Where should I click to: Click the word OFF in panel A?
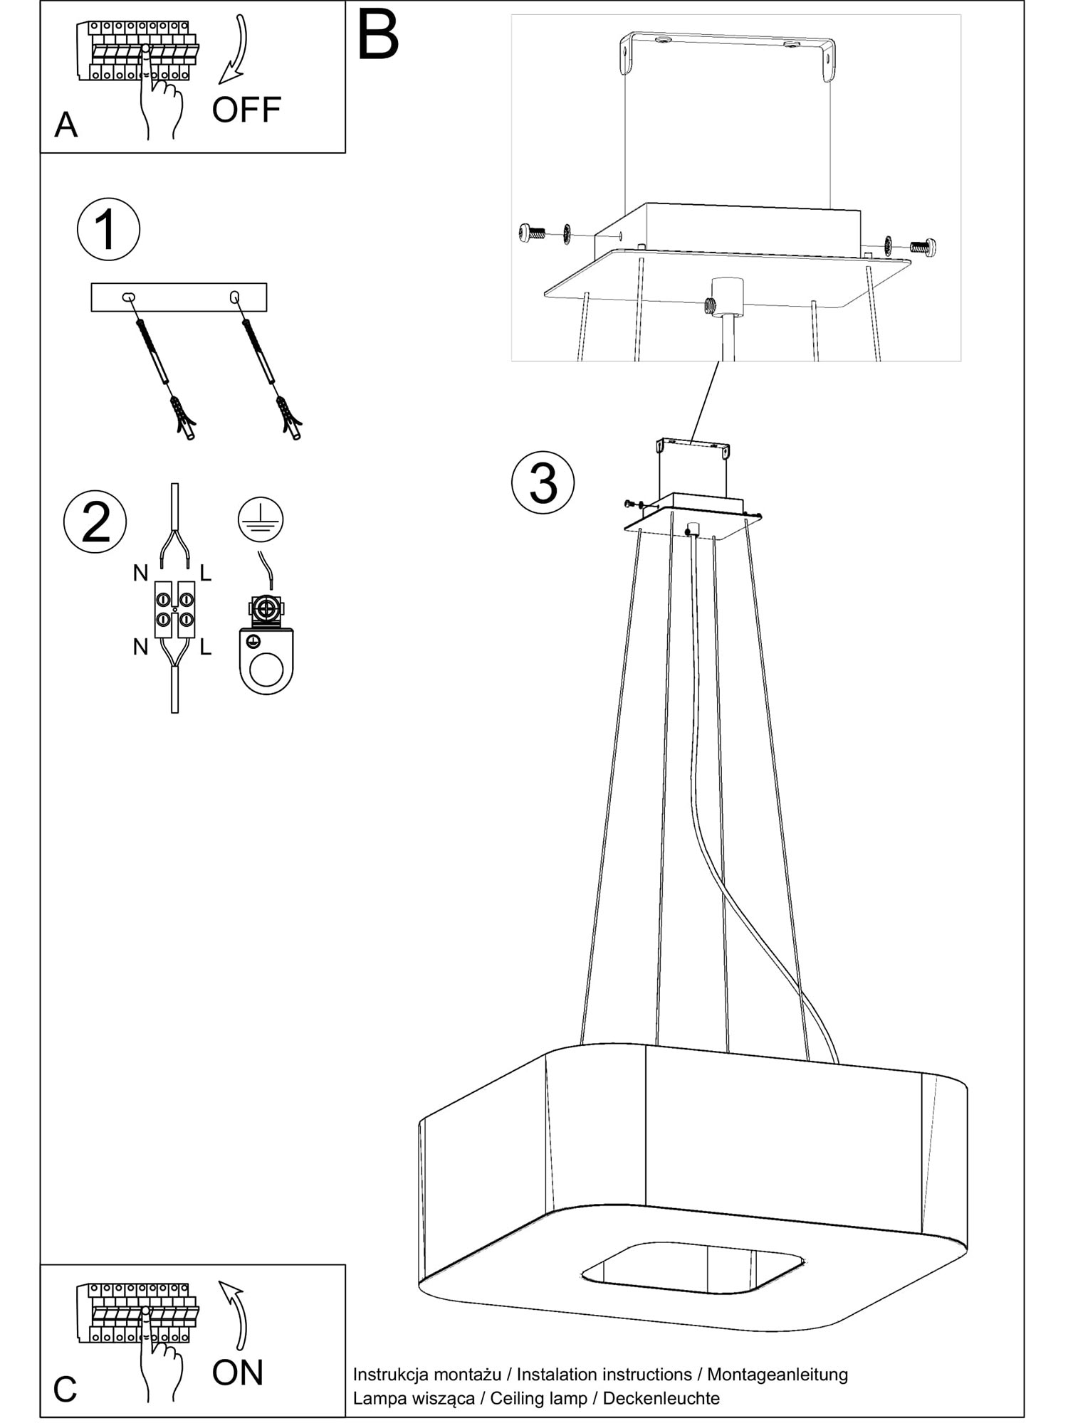coord(246,110)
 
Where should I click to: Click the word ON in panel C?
coord(238,1372)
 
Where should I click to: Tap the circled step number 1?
coord(108,230)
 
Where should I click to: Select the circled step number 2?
coord(95,522)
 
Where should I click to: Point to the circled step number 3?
coord(543,482)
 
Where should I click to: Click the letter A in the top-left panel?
coord(66,125)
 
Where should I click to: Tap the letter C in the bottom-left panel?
coord(65,1390)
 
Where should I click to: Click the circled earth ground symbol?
coord(261,519)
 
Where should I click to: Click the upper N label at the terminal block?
coord(140,573)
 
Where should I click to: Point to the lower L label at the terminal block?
coord(206,647)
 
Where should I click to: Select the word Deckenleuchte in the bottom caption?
coord(661,1398)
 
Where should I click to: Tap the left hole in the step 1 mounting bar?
coord(128,297)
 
